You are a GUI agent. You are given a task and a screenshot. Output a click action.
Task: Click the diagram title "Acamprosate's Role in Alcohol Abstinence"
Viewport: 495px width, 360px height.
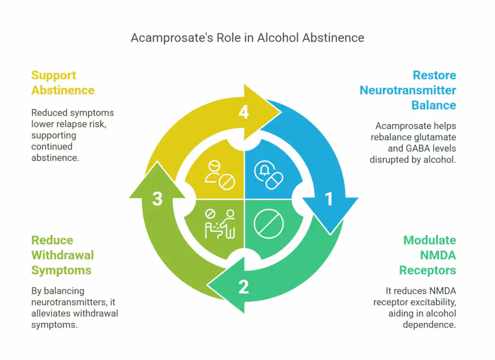[x=247, y=38]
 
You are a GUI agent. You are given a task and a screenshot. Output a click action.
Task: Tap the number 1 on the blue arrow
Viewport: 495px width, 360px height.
[x=329, y=199]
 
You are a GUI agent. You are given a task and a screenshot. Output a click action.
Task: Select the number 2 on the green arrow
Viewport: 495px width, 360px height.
[x=244, y=287]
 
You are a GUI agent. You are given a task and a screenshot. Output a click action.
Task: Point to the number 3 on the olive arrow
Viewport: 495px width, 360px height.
[x=157, y=199]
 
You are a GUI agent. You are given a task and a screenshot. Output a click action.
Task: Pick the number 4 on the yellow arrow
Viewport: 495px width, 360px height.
[x=244, y=112]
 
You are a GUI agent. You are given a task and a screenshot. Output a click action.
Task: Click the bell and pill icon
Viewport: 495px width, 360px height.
[x=269, y=175]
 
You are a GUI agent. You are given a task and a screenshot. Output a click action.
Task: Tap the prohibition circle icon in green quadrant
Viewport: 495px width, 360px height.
[x=269, y=223]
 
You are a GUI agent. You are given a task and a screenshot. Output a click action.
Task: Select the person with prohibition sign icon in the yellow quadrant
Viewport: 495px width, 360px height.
[x=220, y=175]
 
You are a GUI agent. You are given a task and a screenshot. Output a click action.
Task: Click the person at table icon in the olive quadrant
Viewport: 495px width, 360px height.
[x=220, y=224]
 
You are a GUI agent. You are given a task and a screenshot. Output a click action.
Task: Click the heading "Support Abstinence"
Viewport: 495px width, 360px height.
[x=63, y=83]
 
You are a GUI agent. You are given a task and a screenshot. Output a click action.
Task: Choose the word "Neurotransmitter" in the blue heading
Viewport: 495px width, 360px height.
[x=408, y=90]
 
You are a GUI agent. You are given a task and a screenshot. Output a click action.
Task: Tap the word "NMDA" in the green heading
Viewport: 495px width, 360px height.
[x=438, y=255]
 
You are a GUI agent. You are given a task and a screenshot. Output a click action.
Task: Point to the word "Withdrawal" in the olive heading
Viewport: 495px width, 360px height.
[x=62, y=255]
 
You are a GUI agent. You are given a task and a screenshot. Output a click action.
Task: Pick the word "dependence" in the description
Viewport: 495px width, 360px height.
[x=429, y=325]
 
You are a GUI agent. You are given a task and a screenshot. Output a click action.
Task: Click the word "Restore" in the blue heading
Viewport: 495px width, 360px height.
[x=435, y=75]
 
